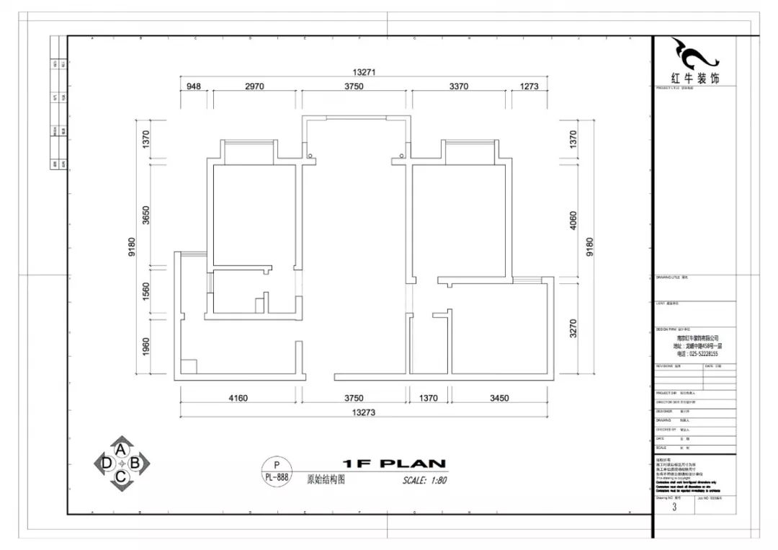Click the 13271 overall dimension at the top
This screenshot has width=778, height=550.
[x=365, y=72]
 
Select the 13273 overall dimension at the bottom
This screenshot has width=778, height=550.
[x=365, y=412]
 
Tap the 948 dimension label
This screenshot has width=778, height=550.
[x=193, y=87]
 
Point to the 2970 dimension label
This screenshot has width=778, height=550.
[x=255, y=87]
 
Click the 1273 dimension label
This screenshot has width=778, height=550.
[x=529, y=87]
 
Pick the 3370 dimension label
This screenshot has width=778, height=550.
[x=459, y=87]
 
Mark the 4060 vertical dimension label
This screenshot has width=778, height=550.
[x=573, y=220]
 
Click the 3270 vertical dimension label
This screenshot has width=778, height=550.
[x=573, y=329]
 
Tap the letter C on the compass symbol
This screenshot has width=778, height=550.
[x=122, y=476]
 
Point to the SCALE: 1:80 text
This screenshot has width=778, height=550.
[x=425, y=480]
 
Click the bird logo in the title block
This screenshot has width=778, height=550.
[x=694, y=53]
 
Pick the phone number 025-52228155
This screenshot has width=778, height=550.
[x=698, y=354]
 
